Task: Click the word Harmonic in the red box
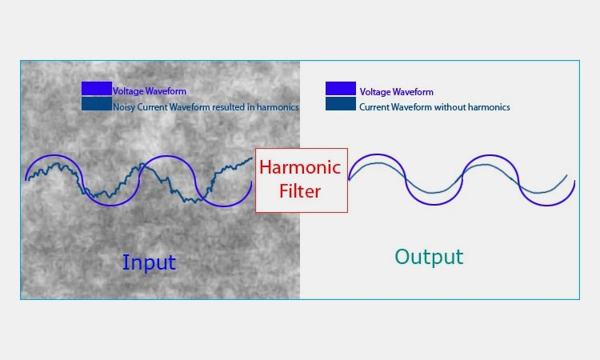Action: point(301,169)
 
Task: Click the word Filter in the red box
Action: point(301,191)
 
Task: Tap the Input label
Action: point(149,262)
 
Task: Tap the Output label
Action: point(429,257)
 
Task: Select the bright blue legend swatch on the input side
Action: point(96,89)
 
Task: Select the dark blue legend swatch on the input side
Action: point(96,104)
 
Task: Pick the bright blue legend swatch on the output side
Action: point(341,89)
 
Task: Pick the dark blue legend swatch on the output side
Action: point(341,105)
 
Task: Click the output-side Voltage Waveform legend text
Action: point(396,92)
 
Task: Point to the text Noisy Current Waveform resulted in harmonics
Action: point(206,106)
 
